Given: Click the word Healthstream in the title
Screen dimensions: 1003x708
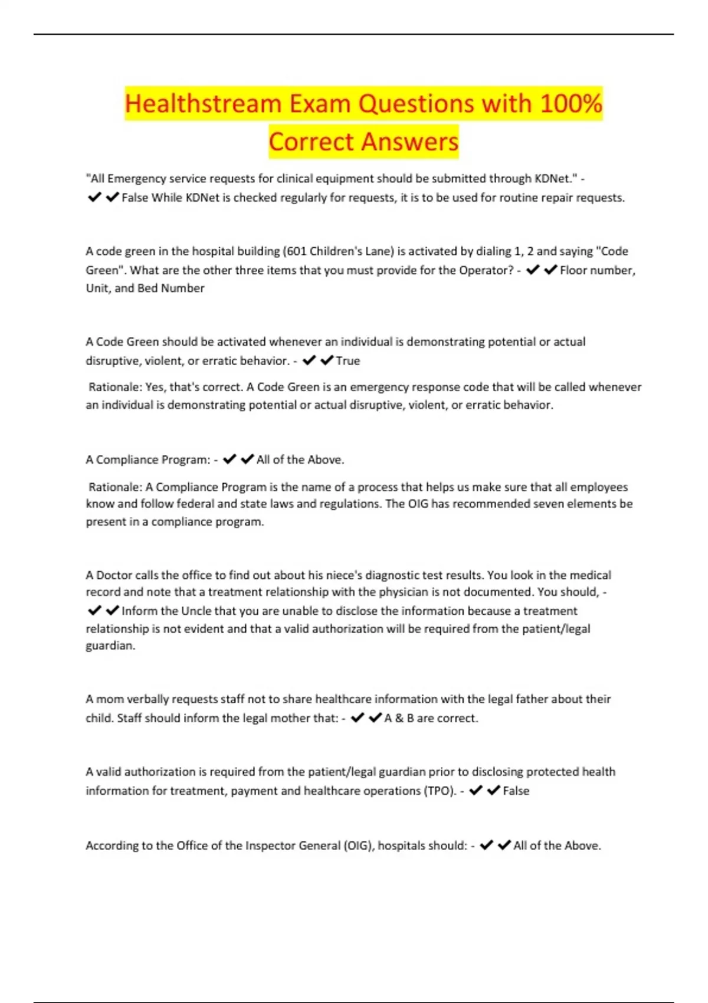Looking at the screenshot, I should (204, 104).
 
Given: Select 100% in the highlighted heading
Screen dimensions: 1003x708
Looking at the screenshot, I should (571, 104).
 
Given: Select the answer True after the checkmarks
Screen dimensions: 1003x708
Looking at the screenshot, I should (348, 360).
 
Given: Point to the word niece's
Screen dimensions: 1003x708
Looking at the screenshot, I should (340, 575).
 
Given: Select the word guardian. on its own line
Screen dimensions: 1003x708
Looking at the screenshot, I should (110, 645).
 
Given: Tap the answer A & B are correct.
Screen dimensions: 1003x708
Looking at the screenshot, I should (431, 718).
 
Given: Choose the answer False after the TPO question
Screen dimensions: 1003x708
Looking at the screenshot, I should (516, 791).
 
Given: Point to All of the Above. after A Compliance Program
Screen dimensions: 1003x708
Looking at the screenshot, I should (300, 460).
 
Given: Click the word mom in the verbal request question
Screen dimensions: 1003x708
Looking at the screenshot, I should (110, 699).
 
